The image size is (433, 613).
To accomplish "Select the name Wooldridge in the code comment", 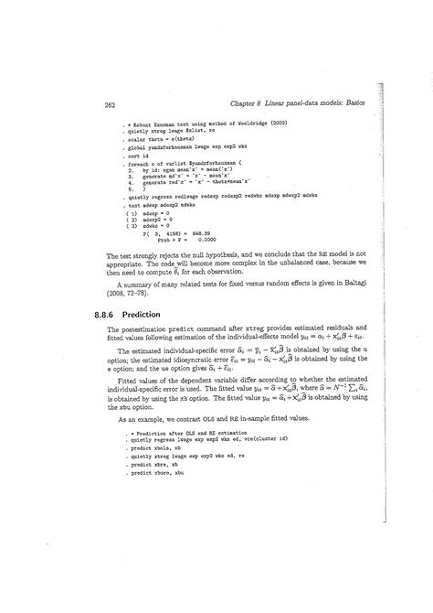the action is [x=248, y=121].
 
